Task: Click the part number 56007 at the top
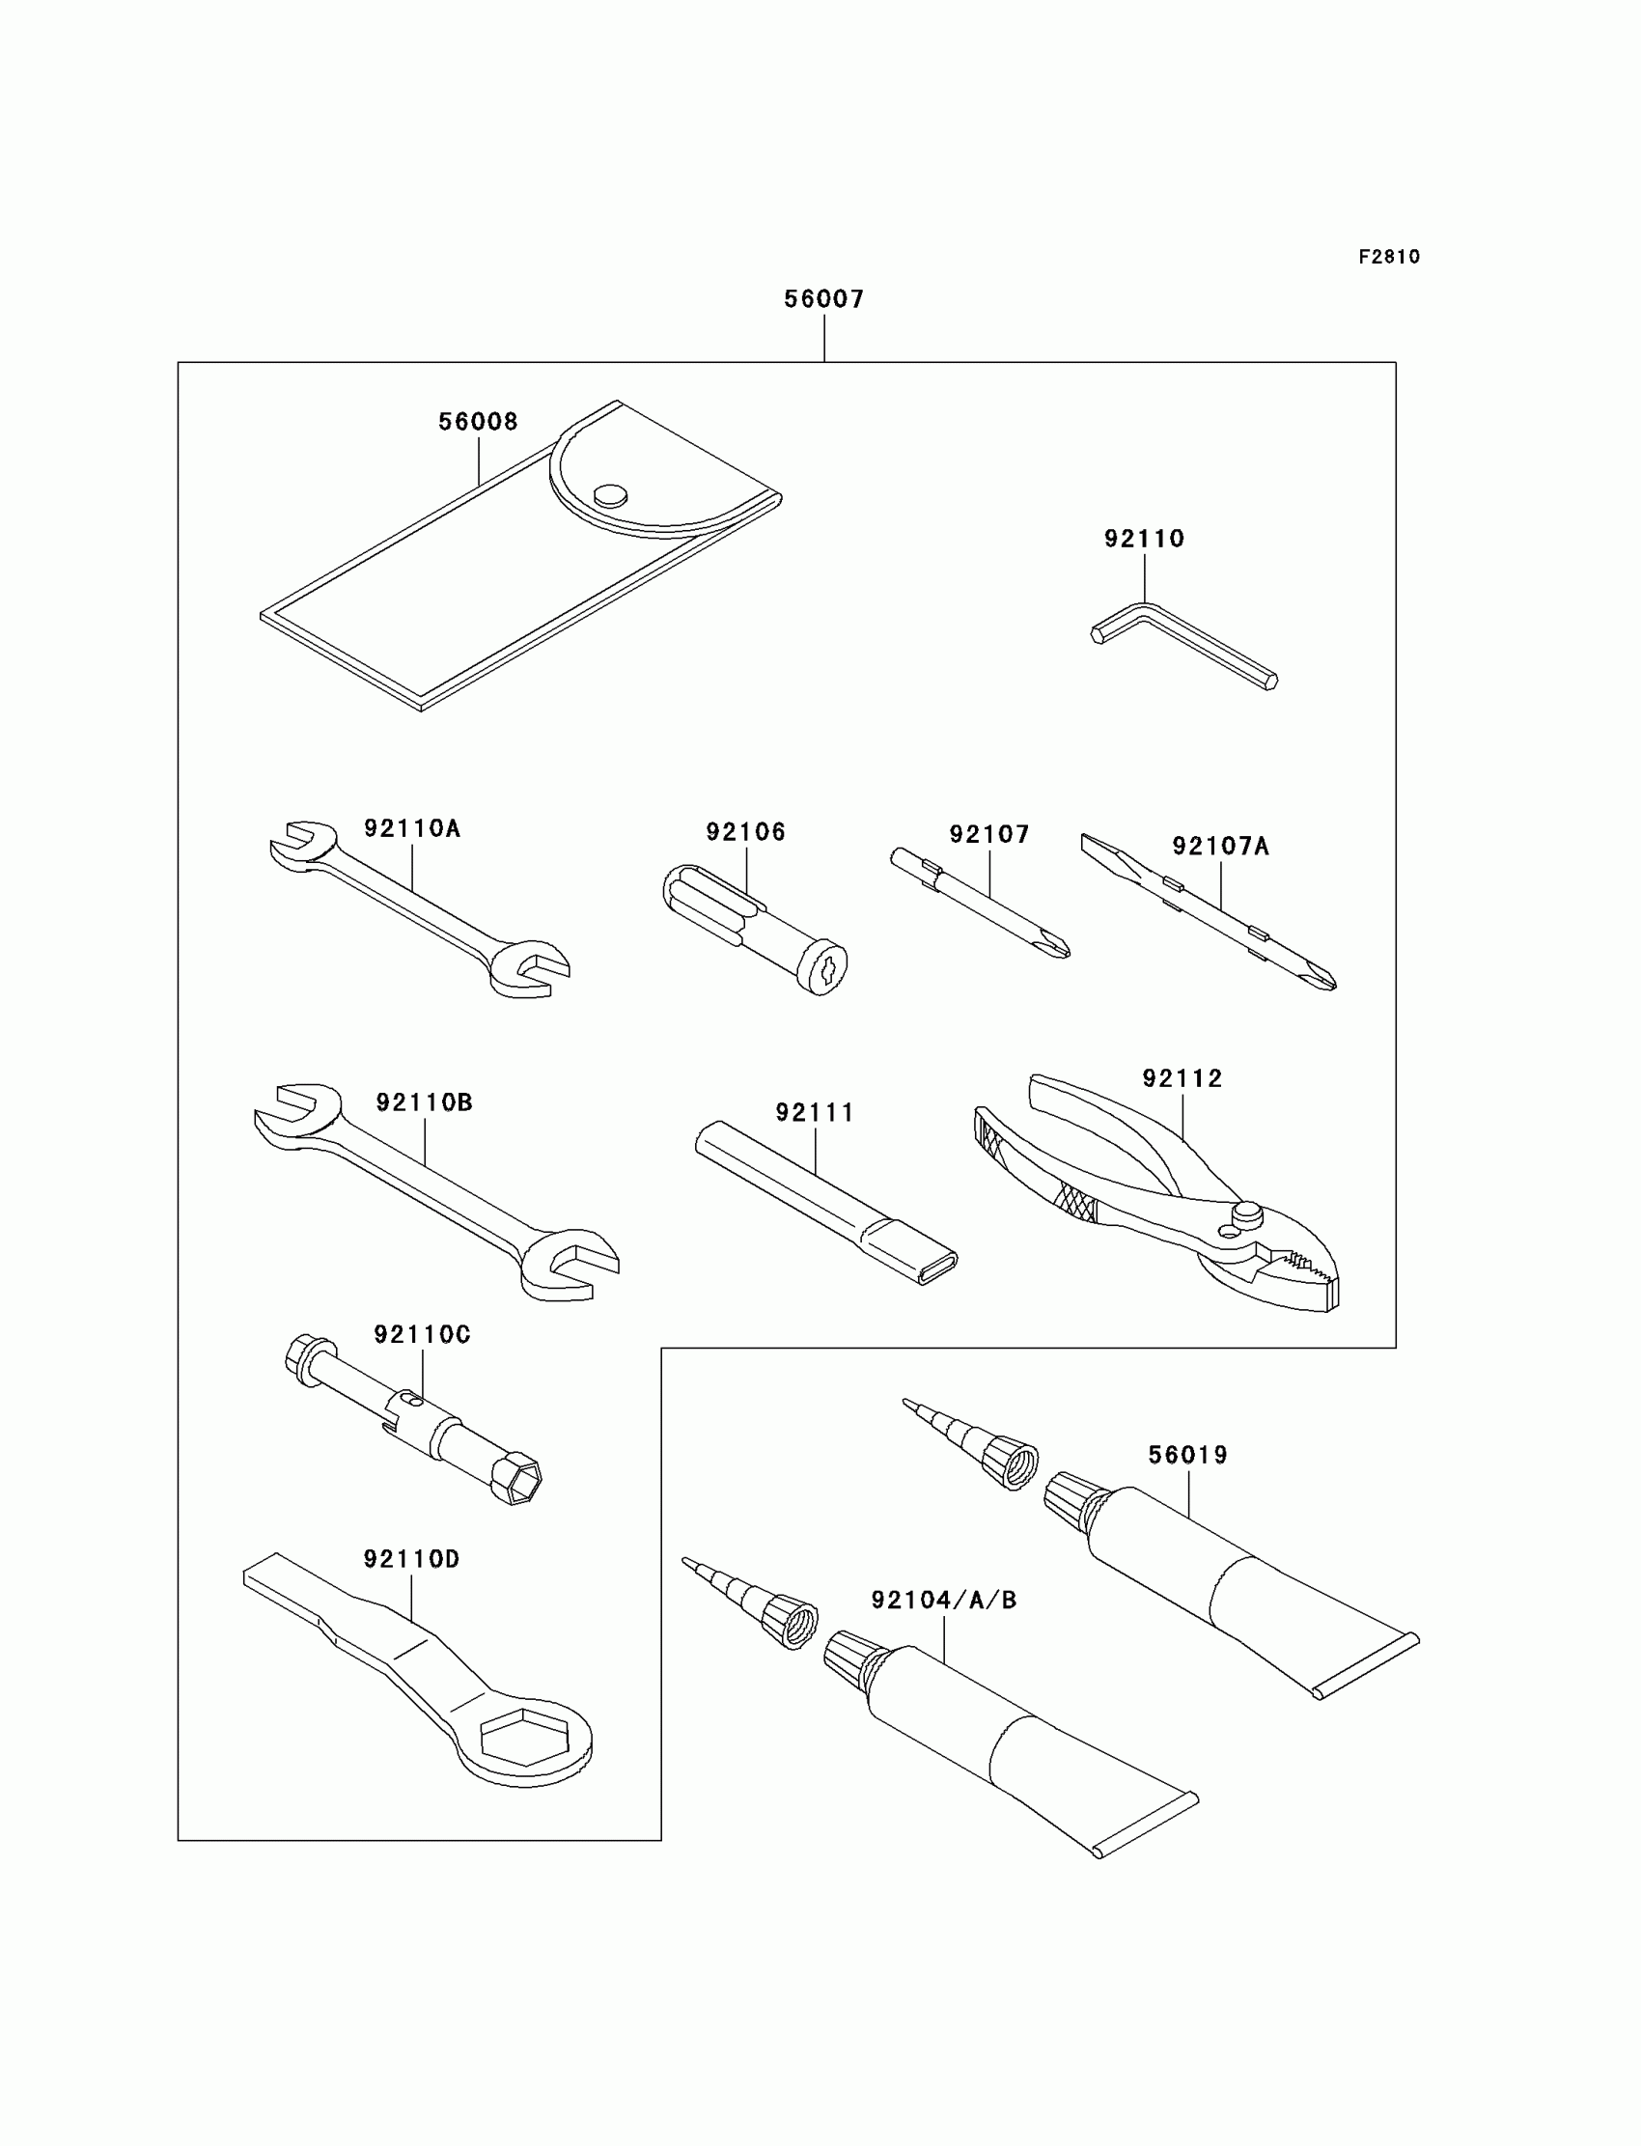click(x=823, y=299)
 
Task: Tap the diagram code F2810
click(x=1388, y=257)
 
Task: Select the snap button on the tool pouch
click(x=610, y=495)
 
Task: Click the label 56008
click(x=478, y=422)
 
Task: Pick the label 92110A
click(x=411, y=828)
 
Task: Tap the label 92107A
click(x=1220, y=847)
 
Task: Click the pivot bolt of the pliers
click(x=1246, y=1214)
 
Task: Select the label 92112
click(x=1182, y=1078)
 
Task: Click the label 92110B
click(x=424, y=1102)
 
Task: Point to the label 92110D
click(x=411, y=1559)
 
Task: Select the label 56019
click(x=1186, y=1456)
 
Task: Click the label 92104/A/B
click(x=944, y=1600)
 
